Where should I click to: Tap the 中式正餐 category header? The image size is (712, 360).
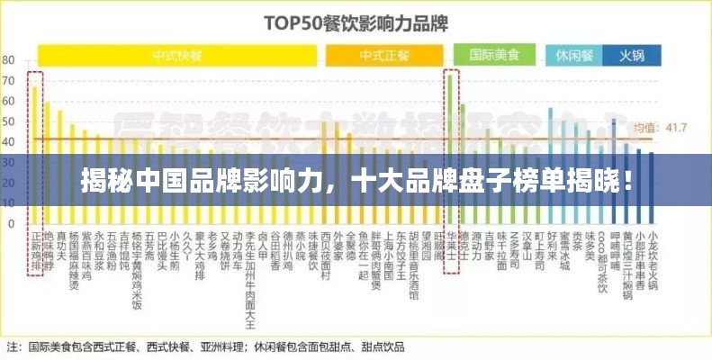(x=384, y=54)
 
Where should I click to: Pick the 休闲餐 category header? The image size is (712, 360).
(x=573, y=54)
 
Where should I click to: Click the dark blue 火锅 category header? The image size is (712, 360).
(x=632, y=54)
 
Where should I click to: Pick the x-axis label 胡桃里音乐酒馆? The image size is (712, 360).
(x=412, y=265)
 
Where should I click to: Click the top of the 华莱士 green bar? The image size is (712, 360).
(x=450, y=76)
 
